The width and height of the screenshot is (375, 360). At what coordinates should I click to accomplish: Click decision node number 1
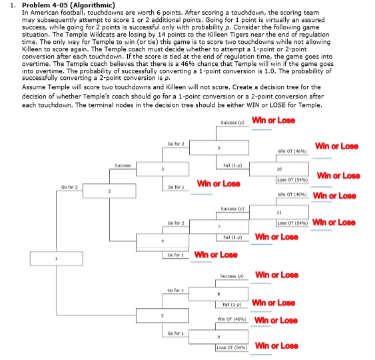(57, 260)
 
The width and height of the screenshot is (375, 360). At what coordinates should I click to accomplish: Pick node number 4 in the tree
(161, 240)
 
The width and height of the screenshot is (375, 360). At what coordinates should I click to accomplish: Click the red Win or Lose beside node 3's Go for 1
(218, 183)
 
